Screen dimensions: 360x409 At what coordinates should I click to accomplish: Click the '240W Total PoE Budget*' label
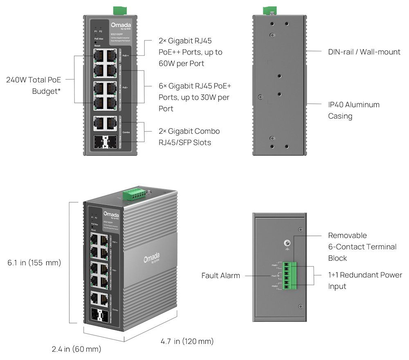(x=34, y=85)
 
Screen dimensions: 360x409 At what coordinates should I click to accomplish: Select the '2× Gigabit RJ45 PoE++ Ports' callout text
(x=191, y=52)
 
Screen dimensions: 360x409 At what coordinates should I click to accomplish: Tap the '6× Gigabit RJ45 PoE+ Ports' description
(x=195, y=97)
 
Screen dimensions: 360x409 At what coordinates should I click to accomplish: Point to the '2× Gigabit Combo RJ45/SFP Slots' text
(x=189, y=137)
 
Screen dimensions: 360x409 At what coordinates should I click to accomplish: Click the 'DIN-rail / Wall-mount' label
(x=364, y=52)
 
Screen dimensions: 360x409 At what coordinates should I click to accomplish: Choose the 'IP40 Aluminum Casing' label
(x=354, y=110)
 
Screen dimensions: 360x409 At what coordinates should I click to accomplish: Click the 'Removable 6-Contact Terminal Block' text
(x=362, y=247)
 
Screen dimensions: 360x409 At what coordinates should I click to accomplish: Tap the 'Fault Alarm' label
(x=220, y=275)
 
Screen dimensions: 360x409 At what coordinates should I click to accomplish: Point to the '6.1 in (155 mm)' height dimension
(x=34, y=263)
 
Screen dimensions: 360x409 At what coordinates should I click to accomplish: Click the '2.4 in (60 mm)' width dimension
(x=76, y=349)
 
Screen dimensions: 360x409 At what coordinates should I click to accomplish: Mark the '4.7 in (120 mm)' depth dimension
(x=187, y=341)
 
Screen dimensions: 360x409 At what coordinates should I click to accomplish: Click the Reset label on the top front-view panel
(x=97, y=46)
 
